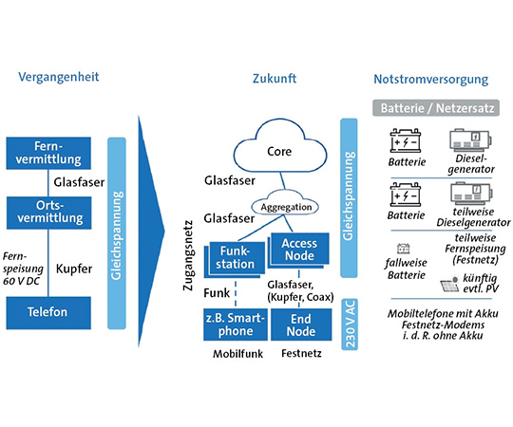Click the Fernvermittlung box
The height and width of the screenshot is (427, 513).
tap(48, 153)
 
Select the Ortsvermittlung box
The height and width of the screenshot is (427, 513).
tap(49, 213)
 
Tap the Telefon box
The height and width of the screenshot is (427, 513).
tap(48, 312)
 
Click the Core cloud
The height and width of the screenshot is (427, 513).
tap(279, 145)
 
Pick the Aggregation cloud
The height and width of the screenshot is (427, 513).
tap(285, 203)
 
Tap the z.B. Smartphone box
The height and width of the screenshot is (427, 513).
tap(236, 325)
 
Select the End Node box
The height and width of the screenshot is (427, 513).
tap(301, 325)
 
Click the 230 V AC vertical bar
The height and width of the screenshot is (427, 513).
tap(350, 325)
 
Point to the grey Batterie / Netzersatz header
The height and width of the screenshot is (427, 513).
tap(436, 108)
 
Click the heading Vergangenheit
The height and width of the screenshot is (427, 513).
tap(59, 77)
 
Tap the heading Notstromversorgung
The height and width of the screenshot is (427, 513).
tap(431, 80)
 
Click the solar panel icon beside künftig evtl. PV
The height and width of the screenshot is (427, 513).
tap(450, 284)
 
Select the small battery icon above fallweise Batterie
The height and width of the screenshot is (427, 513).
tap(403, 249)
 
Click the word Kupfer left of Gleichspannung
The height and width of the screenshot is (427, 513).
tap(74, 269)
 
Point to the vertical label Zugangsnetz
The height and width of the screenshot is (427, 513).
tap(188, 255)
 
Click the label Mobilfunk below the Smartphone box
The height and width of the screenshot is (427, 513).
tap(237, 354)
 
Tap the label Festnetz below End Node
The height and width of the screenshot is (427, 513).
tap(301, 353)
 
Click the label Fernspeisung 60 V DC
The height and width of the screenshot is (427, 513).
tap(23, 269)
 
